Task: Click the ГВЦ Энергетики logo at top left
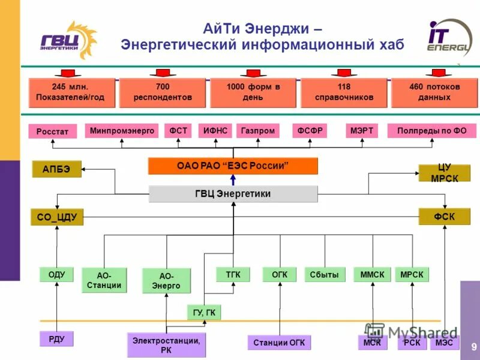(x=68, y=40)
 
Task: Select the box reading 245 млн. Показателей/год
(x=70, y=92)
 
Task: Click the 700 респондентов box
(x=163, y=92)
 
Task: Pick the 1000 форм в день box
(x=253, y=92)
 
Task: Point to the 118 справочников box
(x=344, y=92)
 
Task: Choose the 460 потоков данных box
(x=434, y=92)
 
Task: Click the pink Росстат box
(x=53, y=131)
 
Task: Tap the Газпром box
(x=258, y=130)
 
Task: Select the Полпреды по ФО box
(x=431, y=130)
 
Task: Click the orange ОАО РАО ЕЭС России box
(x=233, y=166)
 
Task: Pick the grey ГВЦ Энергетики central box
(x=233, y=194)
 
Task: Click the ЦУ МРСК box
(x=444, y=172)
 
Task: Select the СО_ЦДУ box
(x=57, y=217)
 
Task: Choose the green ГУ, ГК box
(x=204, y=312)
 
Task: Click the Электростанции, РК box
(x=166, y=345)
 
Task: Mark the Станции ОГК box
(x=279, y=343)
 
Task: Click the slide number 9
(x=473, y=346)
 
